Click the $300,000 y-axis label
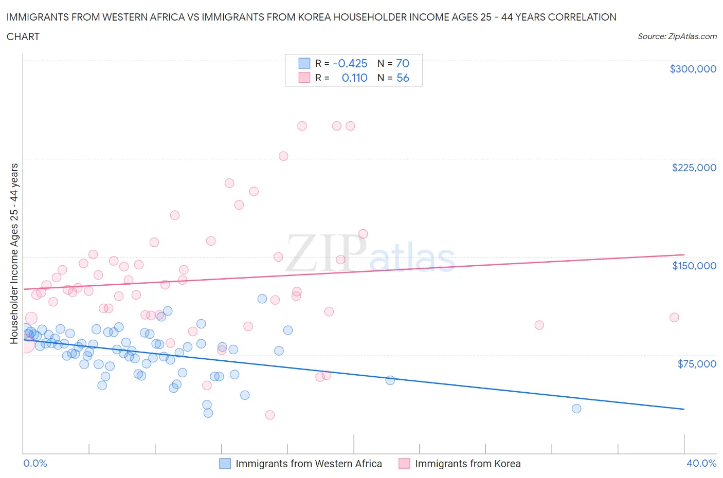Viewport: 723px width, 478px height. [693, 69]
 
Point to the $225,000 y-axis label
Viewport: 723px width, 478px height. [694, 168]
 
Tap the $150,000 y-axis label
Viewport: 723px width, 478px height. [694, 266]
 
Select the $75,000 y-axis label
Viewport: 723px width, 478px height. [697, 364]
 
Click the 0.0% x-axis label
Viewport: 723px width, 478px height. [35, 463]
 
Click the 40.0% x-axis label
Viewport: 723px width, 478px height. [701, 463]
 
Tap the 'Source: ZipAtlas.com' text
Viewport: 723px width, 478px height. [677, 36]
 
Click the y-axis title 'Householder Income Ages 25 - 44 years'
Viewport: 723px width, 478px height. [14, 253]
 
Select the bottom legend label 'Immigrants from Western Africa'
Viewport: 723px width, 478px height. [309, 464]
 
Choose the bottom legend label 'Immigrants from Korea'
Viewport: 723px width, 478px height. [467, 464]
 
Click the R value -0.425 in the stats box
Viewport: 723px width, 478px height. [350, 63]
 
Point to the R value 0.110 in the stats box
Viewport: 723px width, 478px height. [354, 78]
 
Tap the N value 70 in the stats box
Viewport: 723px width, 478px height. [403, 63]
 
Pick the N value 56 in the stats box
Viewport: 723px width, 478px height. [403, 78]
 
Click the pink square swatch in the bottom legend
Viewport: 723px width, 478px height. [404, 464]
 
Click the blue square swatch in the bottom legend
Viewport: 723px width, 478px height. [225, 464]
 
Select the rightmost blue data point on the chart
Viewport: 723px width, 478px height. [576, 409]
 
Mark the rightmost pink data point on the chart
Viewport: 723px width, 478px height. [674, 317]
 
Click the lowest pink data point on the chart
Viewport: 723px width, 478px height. [270, 415]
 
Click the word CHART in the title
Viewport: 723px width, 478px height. [23, 36]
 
